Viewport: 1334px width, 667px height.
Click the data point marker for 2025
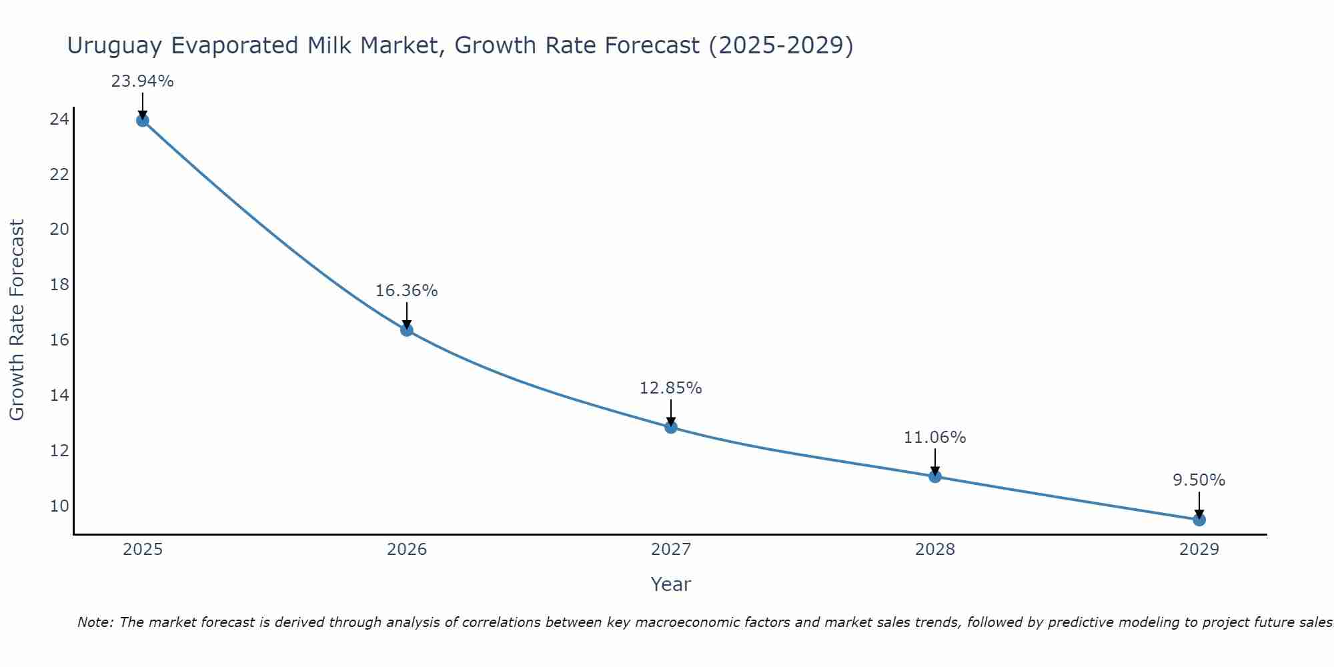point(142,120)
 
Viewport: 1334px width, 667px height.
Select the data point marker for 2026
point(407,330)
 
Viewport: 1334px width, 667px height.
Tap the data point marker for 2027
point(671,427)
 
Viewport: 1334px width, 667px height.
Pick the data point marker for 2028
point(935,476)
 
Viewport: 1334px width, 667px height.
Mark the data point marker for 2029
point(1199,520)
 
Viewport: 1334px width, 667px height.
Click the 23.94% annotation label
point(142,81)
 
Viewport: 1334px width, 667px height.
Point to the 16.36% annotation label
point(406,291)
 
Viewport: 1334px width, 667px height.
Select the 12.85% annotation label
point(670,388)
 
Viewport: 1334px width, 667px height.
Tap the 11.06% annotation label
point(934,438)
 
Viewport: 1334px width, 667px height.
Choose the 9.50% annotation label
point(1199,480)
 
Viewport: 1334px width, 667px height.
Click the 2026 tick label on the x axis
point(407,550)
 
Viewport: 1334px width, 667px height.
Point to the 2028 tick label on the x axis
point(935,550)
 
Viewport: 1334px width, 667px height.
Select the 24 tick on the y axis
point(59,119)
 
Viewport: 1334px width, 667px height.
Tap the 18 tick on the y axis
point(59,285)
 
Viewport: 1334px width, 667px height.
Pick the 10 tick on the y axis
point(59,506)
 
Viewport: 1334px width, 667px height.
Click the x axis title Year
point(670,584)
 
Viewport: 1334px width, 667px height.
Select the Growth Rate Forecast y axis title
point(17,319)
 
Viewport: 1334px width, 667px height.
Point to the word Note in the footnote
point(95,622)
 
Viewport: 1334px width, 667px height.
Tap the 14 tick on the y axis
point(59,396)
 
